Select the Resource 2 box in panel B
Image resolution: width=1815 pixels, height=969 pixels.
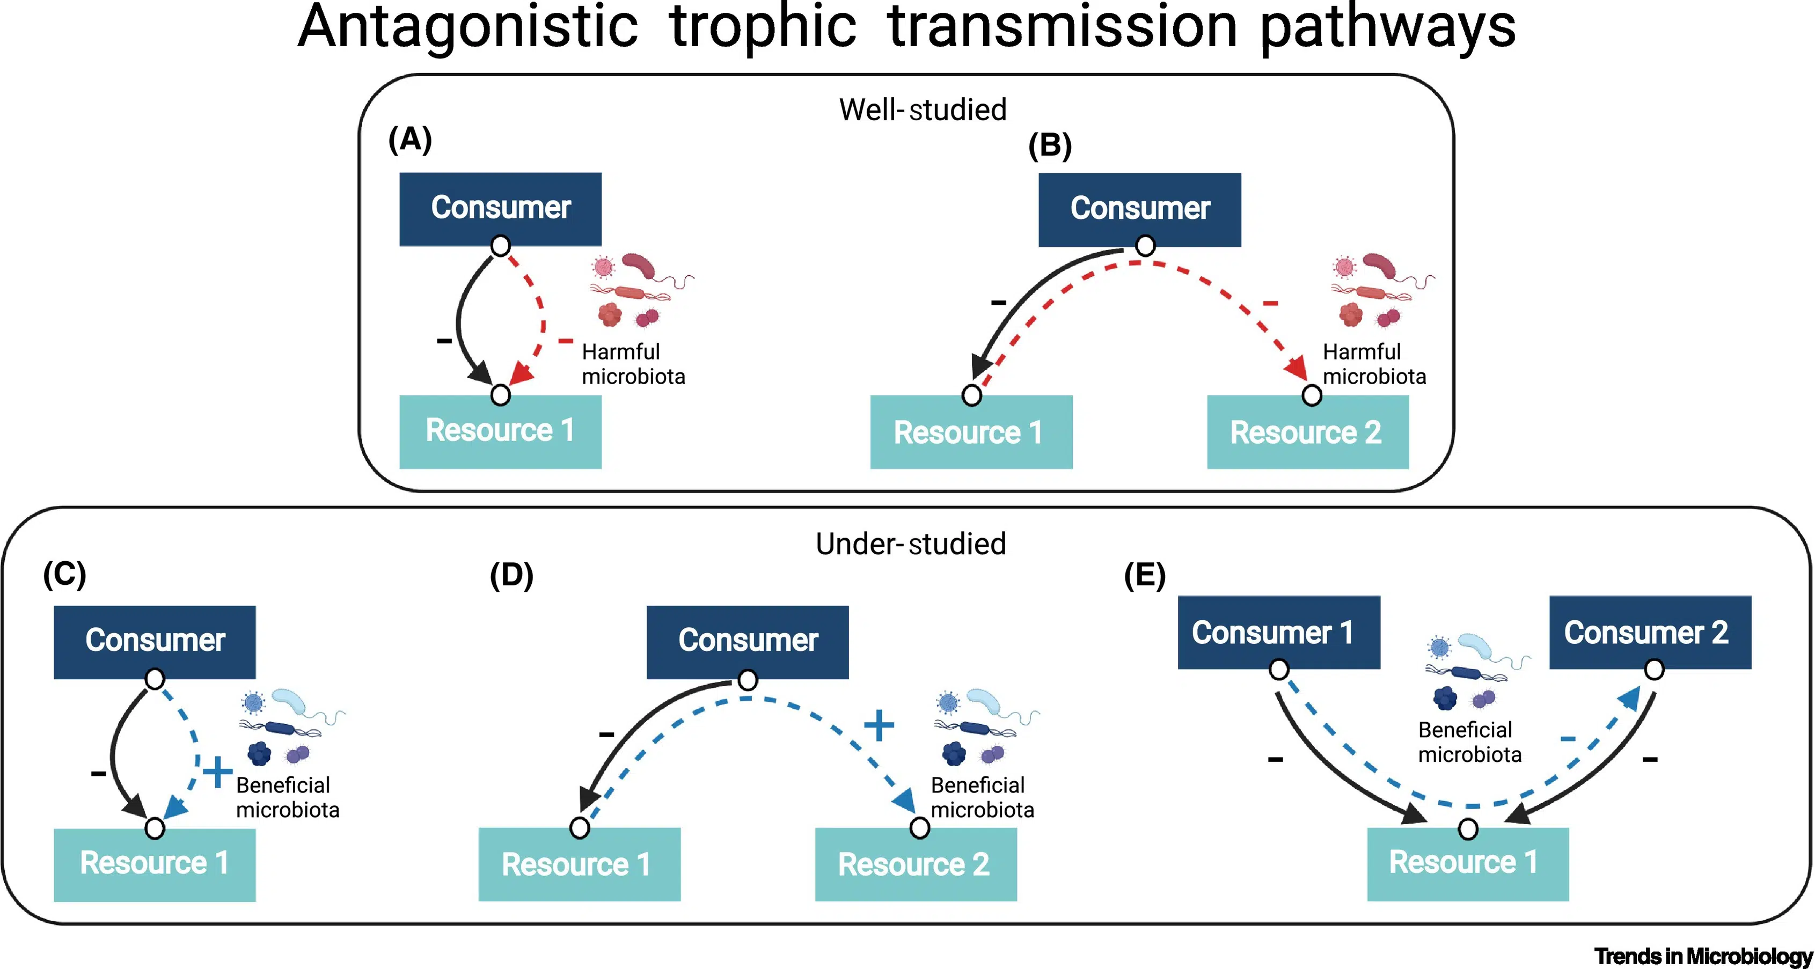(x=1307, y=432)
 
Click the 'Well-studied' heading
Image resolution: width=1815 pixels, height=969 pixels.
(x=923, y=110)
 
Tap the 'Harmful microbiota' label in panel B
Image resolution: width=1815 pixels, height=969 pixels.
(x=1373, y=364)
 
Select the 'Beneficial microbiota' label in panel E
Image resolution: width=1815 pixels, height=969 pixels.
(x=1469, y=742)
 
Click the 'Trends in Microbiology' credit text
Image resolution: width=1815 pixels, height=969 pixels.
(x=1703, y=956)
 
